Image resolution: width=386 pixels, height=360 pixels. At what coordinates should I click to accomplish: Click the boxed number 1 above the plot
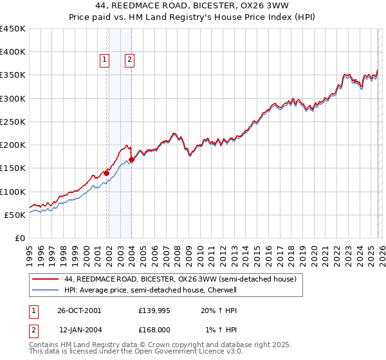[x=105, y=60]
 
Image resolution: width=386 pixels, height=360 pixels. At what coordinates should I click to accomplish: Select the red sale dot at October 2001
[x=107, y=173]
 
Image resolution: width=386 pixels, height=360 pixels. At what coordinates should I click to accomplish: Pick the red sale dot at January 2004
[x=131, y=159]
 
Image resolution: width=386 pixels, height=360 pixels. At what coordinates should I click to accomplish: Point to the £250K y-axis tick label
[x=13, y=122]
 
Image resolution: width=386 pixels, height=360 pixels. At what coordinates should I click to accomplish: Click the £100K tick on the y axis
[x=13, y=192]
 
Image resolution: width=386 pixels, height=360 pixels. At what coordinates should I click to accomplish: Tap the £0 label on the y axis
[x=19, y=238]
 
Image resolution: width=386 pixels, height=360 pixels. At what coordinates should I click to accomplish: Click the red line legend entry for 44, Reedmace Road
[x=180, y=280]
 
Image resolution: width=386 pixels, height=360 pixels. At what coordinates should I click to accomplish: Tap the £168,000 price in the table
[x=154, y=330]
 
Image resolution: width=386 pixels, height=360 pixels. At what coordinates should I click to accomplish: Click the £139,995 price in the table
[x=154, y=310]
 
